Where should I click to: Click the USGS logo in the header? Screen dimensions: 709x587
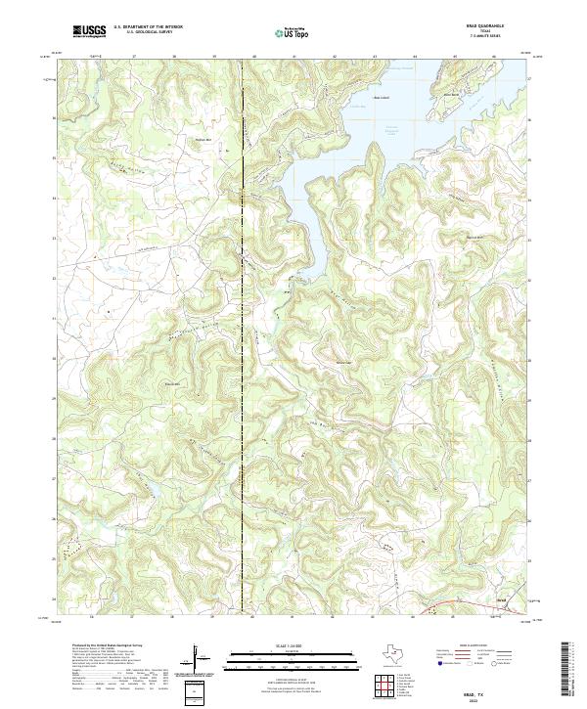click(x=89, y=31)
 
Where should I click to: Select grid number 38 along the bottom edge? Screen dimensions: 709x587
click(x=174, y=617)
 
